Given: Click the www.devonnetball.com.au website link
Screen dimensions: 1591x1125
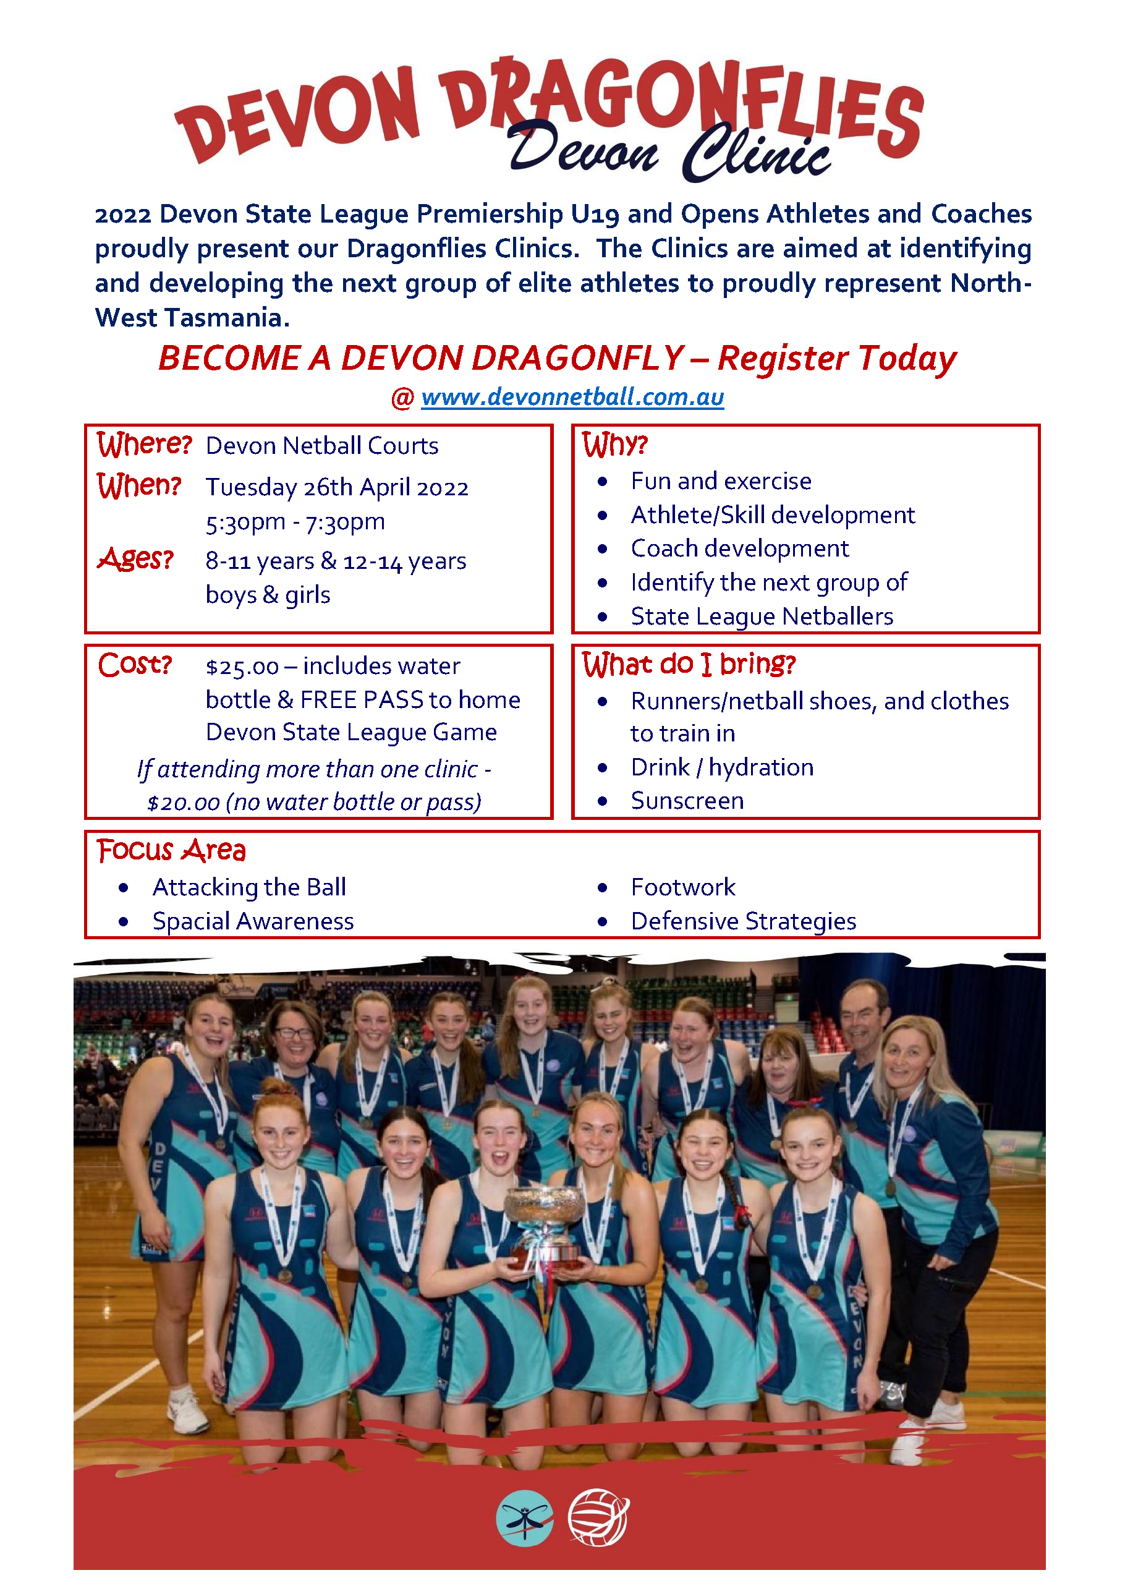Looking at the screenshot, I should point(572,397).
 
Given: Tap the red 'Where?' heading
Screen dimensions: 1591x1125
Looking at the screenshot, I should point(143,444).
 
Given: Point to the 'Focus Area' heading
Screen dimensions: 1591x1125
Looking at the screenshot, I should point(171,850).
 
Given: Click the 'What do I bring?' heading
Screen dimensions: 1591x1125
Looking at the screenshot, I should point(689,665).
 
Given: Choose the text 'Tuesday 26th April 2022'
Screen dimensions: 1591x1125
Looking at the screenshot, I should point(337,488).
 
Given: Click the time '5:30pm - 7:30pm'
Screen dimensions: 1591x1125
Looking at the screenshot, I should point(295,522).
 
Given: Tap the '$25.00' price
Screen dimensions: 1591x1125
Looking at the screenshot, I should point(242,667).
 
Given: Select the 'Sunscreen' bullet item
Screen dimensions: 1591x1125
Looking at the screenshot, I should point(687,801).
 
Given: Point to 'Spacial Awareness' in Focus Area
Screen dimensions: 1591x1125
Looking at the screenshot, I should point(253,921).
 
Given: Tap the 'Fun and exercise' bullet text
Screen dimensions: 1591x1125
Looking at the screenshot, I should point(721,481).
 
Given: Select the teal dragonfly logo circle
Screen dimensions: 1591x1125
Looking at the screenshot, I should point(525,1517).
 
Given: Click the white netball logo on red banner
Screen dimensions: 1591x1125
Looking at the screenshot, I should point(598,1517).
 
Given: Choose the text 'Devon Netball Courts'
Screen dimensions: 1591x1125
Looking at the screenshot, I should point(322,446).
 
